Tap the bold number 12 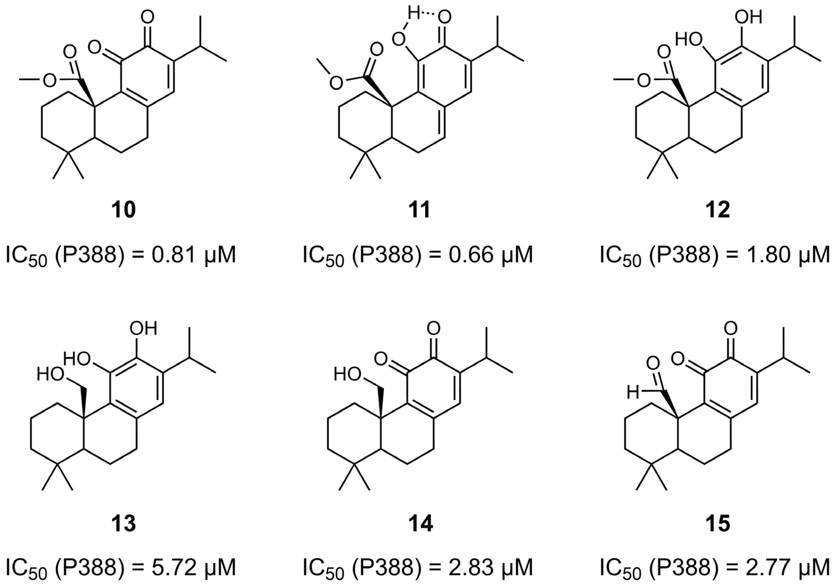(717, 210)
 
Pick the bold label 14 (421, 523)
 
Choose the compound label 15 (717, 523)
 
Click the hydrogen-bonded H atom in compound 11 (414, 15)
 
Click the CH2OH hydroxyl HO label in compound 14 (348, 374)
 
